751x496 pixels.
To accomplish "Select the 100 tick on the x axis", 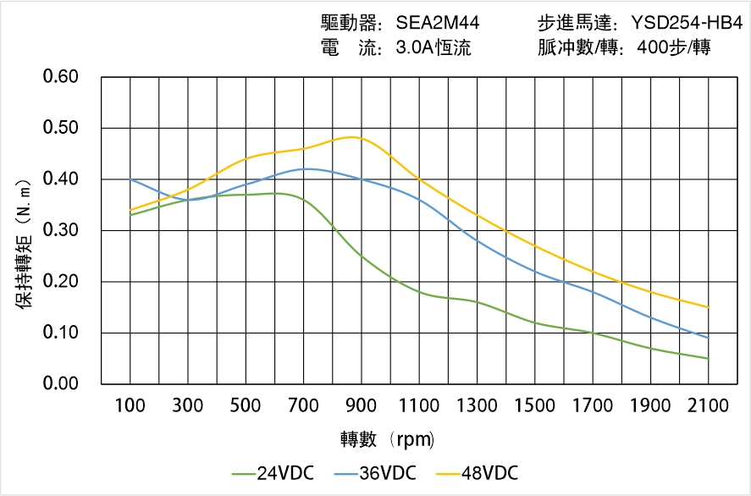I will click(130, 405).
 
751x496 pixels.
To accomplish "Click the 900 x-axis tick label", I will click(362, 405).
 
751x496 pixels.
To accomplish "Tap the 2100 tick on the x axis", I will click(708, 405).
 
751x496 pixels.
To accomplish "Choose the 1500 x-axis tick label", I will click(534, 405).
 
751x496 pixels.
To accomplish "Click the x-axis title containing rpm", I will click(387, 439).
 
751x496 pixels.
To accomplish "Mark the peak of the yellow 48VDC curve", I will click(353, 137).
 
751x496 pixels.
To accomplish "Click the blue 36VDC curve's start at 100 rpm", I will click(130, 179).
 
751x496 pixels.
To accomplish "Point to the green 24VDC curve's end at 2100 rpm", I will click(708, 358).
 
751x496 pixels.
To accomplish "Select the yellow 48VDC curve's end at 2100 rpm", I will click(708, 307).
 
